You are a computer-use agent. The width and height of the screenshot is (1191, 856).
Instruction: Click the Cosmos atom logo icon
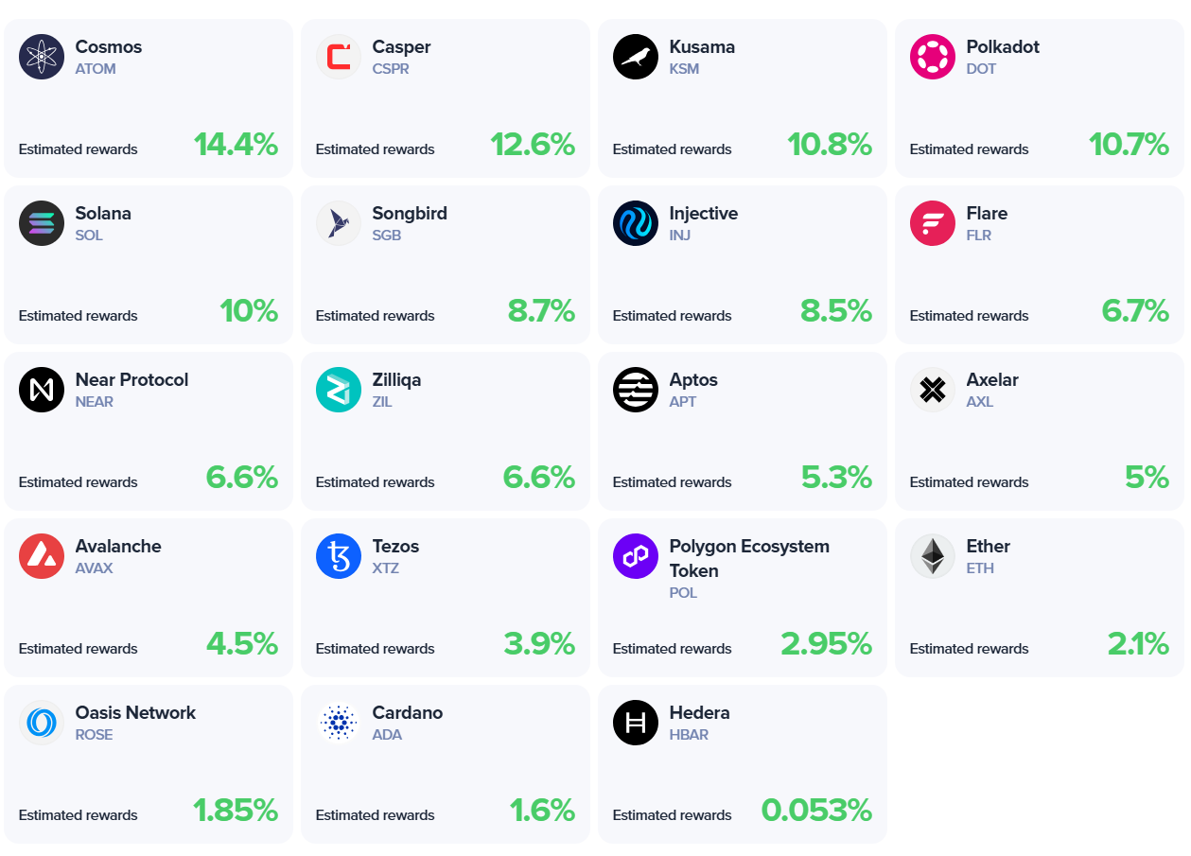(x=42, y=57)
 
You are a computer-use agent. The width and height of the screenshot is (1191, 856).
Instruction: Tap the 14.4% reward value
(x=236, y=145)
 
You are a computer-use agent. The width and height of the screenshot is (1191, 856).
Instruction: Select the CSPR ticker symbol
(x=391, y=69)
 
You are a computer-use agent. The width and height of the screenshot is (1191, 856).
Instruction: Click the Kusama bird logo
(x=636, y=57)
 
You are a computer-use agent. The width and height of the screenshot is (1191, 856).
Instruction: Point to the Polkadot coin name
(x=1003, y=47)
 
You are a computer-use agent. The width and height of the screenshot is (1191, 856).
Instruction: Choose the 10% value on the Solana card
(x=249, y=311)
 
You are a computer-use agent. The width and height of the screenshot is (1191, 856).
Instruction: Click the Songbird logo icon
(x=339, y=223)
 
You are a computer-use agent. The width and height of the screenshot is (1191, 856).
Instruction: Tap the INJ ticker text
(x=680, y=236)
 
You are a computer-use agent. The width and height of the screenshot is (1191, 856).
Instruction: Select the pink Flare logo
(x=933, y=223)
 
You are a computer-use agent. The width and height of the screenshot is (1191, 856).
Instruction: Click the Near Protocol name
(x=131, y=380)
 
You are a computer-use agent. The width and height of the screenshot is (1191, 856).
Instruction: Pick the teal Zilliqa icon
(x=339, y=390)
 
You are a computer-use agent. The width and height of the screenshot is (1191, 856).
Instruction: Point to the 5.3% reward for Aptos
(x=836, y=478)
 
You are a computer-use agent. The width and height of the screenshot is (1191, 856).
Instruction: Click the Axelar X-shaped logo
(x=933, y=390)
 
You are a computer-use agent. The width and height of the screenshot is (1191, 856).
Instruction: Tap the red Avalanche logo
(x=42, y=556)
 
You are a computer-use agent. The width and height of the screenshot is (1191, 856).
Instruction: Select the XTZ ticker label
(x=386, y=568)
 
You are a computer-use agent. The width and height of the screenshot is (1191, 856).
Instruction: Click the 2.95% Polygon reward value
(x=826, y=644)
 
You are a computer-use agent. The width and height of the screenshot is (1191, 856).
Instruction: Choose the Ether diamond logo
(x=933, y=556)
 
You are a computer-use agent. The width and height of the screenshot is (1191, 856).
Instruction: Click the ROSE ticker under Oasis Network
(x=95, y=735)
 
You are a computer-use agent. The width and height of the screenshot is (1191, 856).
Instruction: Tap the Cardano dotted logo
(x=339, y=723)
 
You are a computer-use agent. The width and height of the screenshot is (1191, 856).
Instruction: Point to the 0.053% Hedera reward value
(x=816, y=811)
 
